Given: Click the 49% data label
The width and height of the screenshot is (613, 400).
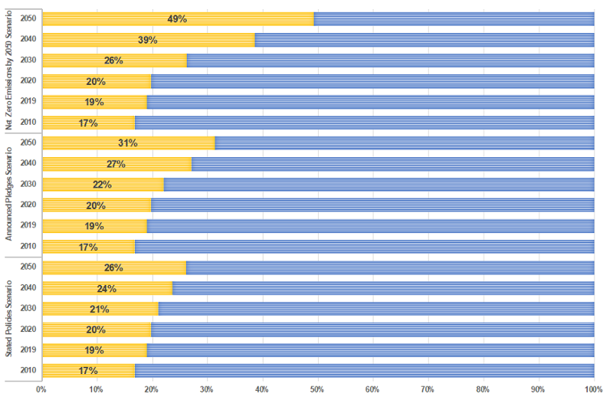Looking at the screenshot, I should pos(177,18).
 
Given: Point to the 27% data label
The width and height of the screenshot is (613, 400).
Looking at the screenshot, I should pos(116,163).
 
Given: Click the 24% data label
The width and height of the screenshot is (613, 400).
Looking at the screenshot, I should pos(107,288).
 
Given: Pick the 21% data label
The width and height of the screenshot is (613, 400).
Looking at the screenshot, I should pos(99,309).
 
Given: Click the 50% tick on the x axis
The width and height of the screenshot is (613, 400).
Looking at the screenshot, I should pos(317,389).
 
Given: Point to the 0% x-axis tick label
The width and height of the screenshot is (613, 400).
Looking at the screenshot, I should pos(41,389).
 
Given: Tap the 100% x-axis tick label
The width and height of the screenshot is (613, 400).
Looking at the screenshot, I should pos(593,389).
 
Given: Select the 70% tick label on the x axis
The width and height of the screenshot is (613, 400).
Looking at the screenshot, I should pos(428,389).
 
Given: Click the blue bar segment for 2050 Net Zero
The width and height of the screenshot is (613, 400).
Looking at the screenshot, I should pos(454,18).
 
